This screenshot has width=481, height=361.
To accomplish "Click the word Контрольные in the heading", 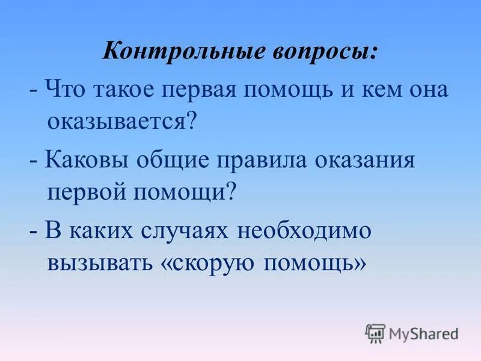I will (x=170, y=53).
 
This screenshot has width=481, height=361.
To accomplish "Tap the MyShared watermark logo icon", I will (x=375, y=333).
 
